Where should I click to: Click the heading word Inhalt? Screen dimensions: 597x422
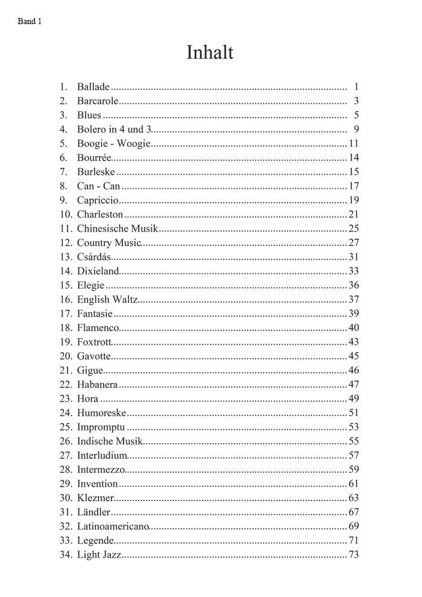pyautogui.click(x=210, y=52)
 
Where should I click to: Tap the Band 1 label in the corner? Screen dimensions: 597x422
pyautogui.click(x=30, y=21)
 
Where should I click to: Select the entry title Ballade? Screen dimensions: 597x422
pyautogui.click(x=93, y=87)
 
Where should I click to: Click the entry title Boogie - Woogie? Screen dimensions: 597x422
pyautogui.click(x=113, y=144)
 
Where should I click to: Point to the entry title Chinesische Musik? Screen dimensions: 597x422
pyautogui.click(x=117, y=229)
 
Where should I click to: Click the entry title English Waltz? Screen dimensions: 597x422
pyautogui.click(x=107, y=300)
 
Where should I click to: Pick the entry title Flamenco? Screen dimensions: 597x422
pyautogui.click(x=98, y=328)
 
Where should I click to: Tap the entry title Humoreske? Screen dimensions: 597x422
pyautogui.click(x=101, y=413)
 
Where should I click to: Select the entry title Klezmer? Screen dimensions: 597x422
pyautogui.click(x=95, y=498)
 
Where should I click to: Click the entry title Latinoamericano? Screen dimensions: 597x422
pyautogui.click(x=113, y=526)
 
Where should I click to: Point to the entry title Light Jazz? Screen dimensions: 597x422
pyautogui.click(x=99, y=555)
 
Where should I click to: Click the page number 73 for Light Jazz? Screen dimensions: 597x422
pyautogui.click(x=353, y=555)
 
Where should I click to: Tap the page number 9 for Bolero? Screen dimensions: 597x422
pyautogui.click(x=356, y=129)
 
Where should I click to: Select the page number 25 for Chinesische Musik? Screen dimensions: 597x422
pyautogui.click(x=353, y=229)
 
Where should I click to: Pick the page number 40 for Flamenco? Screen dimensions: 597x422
pyautogui.click(x=353, y=328)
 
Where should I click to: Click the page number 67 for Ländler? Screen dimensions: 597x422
pyautogui.click(x=353, y=513)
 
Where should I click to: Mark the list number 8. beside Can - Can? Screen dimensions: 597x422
pyautogui.click(x=63, y=186)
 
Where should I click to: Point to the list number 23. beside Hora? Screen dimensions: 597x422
pyautogui.click(x=66, y=399)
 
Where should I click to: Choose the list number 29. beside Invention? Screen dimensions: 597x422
pyautogui.click(x=66, y=484)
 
